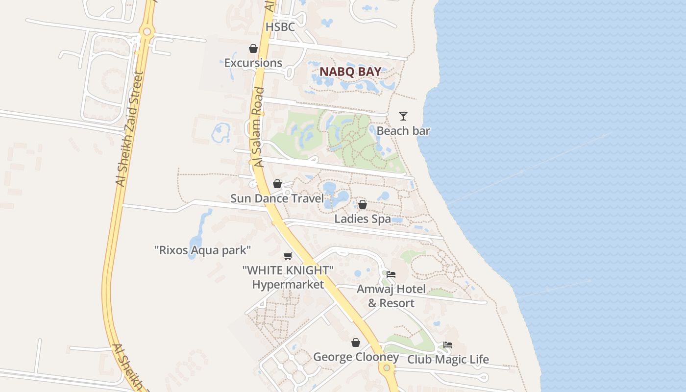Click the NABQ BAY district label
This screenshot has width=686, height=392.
tap(350, 72)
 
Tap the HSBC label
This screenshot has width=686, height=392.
tap(280, 27)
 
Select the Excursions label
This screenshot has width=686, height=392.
tap(253, 63)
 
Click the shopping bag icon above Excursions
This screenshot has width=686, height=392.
tap(253, 49)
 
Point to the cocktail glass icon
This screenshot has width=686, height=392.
tap(403, 116)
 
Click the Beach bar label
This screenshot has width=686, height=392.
tap(403, 131)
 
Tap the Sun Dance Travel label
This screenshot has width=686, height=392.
tap(277, 198)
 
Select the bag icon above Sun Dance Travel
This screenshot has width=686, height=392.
tap(277, 184)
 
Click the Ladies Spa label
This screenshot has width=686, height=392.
tap(363, 219)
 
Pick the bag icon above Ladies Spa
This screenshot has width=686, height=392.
tap(363, 204)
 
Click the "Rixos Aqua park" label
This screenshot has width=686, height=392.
tap(202, 250)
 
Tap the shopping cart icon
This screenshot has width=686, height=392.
tap(288, 256)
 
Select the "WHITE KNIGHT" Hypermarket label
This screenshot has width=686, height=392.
tap(288, 277)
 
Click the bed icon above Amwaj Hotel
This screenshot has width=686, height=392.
tap(391, 274)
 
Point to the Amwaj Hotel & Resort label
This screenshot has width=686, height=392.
tap(391, 296)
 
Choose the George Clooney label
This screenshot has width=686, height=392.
tap(356, 357)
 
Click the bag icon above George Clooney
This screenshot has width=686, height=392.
tap(356, 343)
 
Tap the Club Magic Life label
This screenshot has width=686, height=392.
tap(448, 360)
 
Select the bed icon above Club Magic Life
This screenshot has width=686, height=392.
tap(448, 345)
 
